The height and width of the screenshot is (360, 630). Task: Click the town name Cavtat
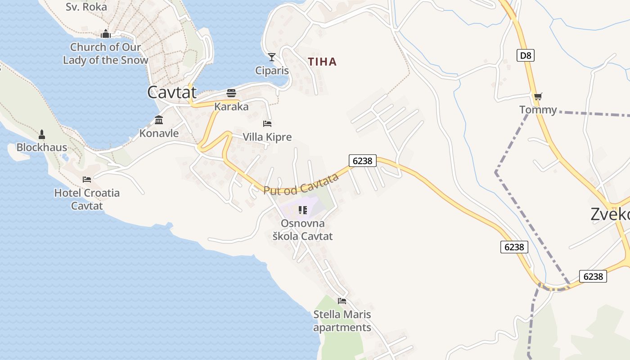tap(172, 92)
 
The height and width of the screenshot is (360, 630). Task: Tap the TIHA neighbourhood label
tap(322, 62)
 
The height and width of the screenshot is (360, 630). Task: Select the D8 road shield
tap(525, 55)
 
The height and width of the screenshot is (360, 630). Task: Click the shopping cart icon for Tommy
tap(538, 96)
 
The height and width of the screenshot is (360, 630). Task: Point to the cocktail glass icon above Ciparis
tap(272, 57)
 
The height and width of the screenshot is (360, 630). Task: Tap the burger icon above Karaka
tap(231, 93)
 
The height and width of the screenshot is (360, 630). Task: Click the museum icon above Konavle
tap(159, 120)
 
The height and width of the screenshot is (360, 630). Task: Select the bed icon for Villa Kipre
tap(267, 123)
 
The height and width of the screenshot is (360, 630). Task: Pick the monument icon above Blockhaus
tap(42, 134)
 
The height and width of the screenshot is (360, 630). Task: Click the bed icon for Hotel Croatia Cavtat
tap(87, 180)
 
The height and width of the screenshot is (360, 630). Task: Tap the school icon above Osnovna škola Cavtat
tap(303, 210)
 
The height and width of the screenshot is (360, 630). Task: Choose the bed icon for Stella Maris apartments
tap(342, 301)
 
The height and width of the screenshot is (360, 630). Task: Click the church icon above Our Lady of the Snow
tap(106, 34)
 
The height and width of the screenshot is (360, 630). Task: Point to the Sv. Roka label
tap(86, 7)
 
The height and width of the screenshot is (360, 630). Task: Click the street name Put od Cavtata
tap(301, 185)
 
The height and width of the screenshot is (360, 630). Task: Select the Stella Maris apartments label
tap(342, 321)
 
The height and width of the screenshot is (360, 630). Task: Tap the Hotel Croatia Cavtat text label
tap(87, 199)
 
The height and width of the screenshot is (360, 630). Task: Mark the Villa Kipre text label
tap(267, 137)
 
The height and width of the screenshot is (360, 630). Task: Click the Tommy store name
tap(538, 110)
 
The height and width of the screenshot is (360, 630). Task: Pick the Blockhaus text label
tap(42, 147)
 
